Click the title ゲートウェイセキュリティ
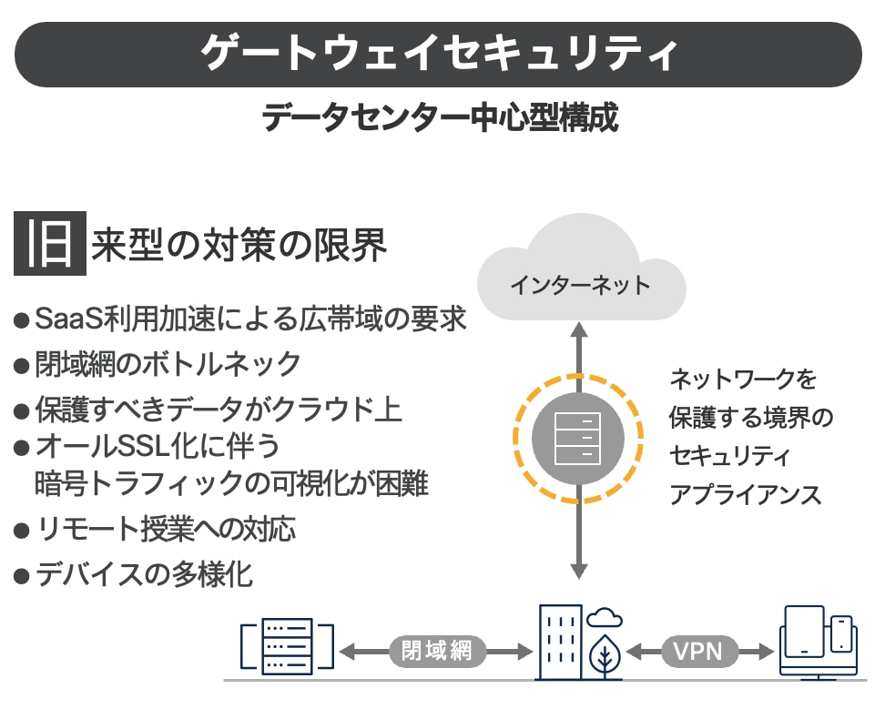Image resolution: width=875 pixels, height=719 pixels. [x=438, y=54]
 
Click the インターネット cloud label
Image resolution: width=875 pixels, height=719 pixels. [x=580, y=285]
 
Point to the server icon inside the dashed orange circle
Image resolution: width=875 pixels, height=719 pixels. [x=577, y=435]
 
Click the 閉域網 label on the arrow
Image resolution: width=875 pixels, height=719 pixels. [x=436, y=651]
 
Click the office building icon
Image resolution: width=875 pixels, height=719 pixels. [x=558, y=642]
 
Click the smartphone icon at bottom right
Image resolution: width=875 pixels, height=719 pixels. [x=841, y=633]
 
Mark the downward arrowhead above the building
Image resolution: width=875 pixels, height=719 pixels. [x=577, y=570]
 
